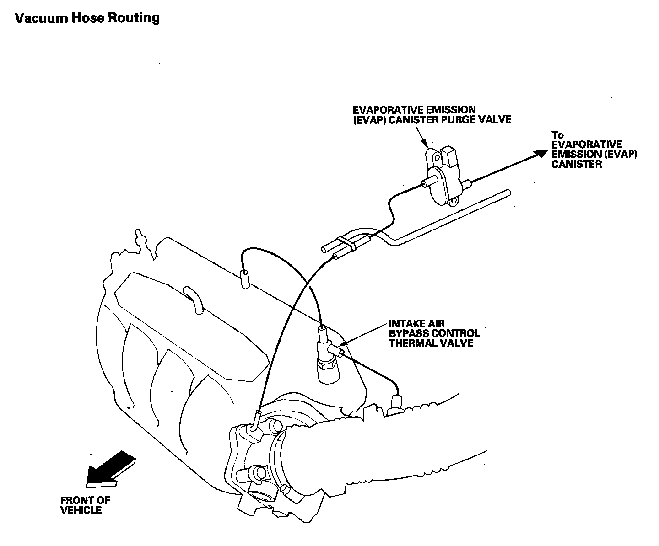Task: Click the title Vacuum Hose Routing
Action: (87, 18)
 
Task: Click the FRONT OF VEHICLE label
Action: (85, 505)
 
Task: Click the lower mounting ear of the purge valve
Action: (454, 201)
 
